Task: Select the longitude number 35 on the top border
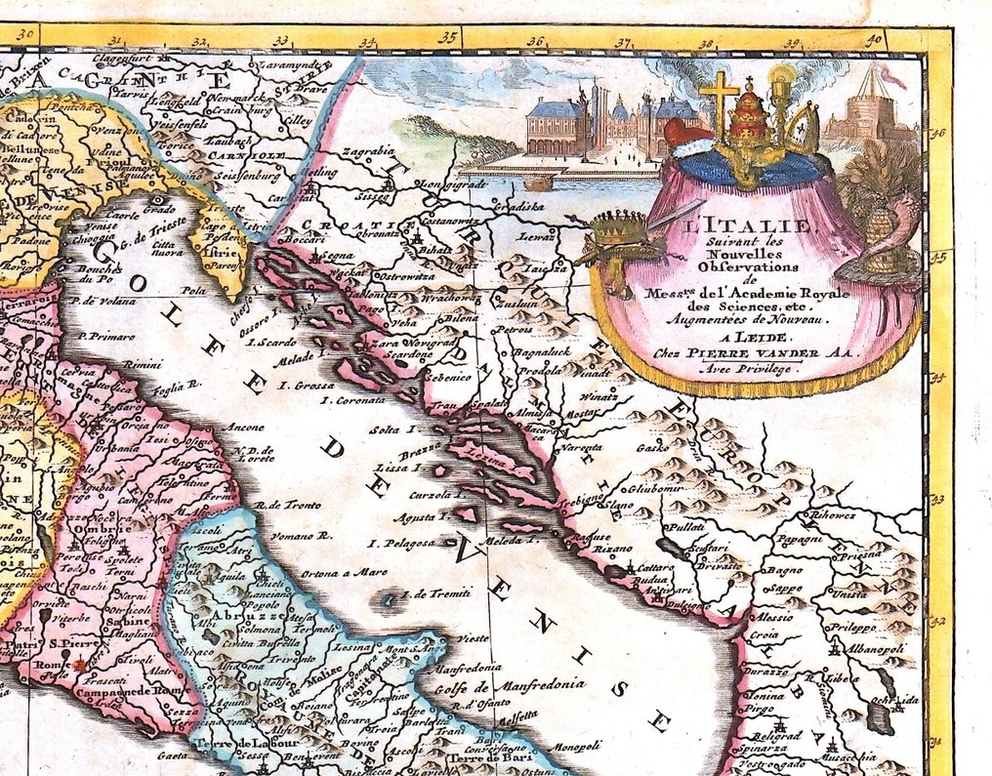click(x=448, y=38)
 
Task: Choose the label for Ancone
click(x=243, y=427)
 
